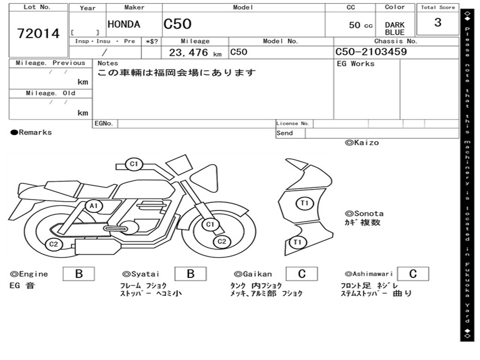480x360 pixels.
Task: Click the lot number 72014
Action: [x=38, y=34]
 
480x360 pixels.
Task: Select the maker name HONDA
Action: [x=124, y=25]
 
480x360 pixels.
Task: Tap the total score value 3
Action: [x=438, y=23]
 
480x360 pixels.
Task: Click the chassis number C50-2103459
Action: [x=371, y=52]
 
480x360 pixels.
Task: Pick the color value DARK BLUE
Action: [x=395, y=29]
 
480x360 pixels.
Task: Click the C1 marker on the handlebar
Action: [x=134, y=164]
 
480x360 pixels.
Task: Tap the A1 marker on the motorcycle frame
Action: [x=94, y=205]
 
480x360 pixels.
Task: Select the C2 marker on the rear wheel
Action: [x=54, y=244]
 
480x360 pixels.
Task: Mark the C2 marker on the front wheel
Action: [x=222, y=241]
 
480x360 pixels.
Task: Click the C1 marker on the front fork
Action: [x=210, y=225]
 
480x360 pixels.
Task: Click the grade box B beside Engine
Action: [x=79, y=274]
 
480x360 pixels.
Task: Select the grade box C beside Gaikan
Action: [x=301, y=274]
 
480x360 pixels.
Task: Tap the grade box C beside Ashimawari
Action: [x=412, y=274]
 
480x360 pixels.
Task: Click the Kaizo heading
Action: [x=362, y=142]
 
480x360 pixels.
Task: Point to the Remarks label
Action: [x=31, y=133]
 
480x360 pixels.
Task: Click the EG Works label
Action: [x=356, y=64]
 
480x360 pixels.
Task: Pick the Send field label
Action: [x=285, y=133]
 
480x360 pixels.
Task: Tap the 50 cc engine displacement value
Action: [x=361, y=25]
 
